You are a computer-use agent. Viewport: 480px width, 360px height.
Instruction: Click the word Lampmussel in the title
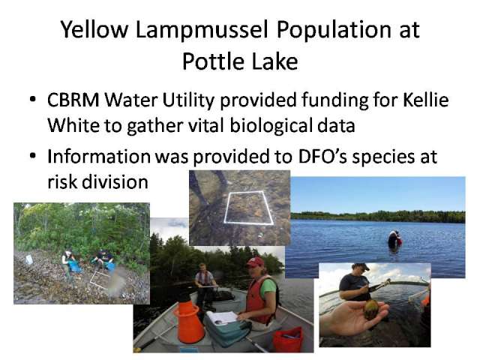tap(202, 31)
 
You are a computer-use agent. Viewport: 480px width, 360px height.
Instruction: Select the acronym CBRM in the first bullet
tap(73, 100)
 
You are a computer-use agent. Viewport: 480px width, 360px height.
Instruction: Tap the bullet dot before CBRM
tap(33, 100)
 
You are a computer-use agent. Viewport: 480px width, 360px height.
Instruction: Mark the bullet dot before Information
tap(33, 156)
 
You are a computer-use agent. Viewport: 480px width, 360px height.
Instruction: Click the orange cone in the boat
tap(188, 322)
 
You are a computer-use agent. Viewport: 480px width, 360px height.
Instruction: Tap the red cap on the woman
tap(255, 262)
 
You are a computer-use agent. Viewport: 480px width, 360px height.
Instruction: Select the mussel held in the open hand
tap(371, 310)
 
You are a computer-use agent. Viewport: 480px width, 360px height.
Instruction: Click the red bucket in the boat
tap(288, 339)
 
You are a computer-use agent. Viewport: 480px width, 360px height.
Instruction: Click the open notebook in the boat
tap(223, 316)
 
